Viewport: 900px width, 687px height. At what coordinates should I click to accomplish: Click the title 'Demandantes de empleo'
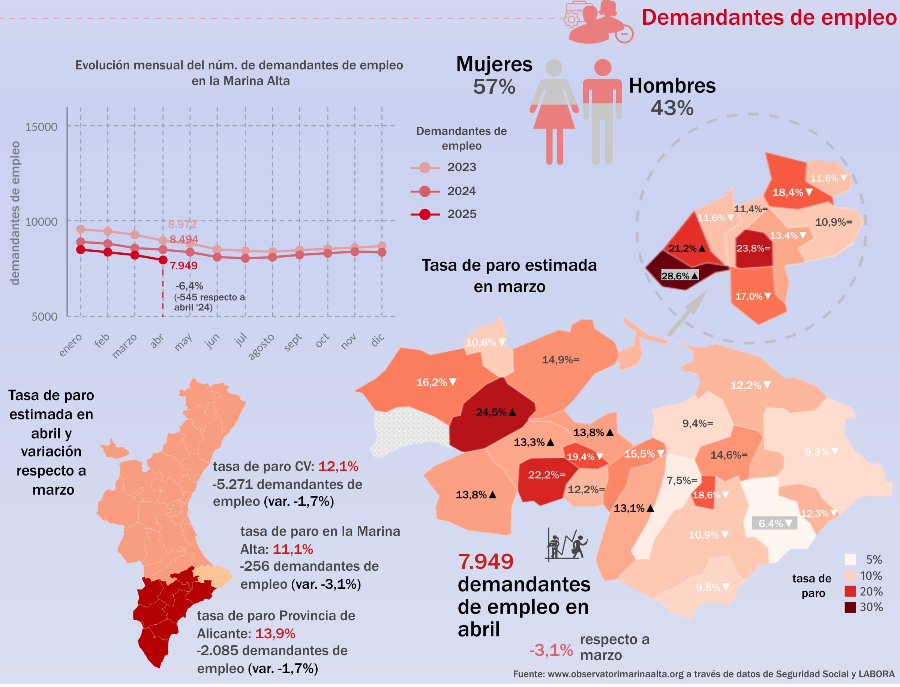769,18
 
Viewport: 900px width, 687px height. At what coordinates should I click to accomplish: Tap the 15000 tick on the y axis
41,127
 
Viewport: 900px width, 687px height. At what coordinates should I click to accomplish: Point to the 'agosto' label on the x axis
261,346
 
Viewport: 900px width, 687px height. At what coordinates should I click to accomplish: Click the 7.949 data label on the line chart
184,266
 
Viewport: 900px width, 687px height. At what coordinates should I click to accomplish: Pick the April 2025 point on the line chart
163,259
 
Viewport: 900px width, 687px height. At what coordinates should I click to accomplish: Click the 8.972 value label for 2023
182,224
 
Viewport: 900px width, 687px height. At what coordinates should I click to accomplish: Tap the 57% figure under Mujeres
494,87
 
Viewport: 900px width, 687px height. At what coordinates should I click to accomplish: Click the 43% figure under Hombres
672,108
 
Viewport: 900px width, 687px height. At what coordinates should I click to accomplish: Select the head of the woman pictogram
554,68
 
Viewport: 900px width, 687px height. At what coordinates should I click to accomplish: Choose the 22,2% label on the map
546,475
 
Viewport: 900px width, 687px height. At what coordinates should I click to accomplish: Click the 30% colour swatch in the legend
850,607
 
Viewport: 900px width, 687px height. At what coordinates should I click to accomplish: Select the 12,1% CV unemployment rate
338,466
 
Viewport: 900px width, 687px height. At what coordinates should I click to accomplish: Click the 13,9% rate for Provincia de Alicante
275,633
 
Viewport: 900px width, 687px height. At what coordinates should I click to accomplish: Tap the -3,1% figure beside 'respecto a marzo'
551,650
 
